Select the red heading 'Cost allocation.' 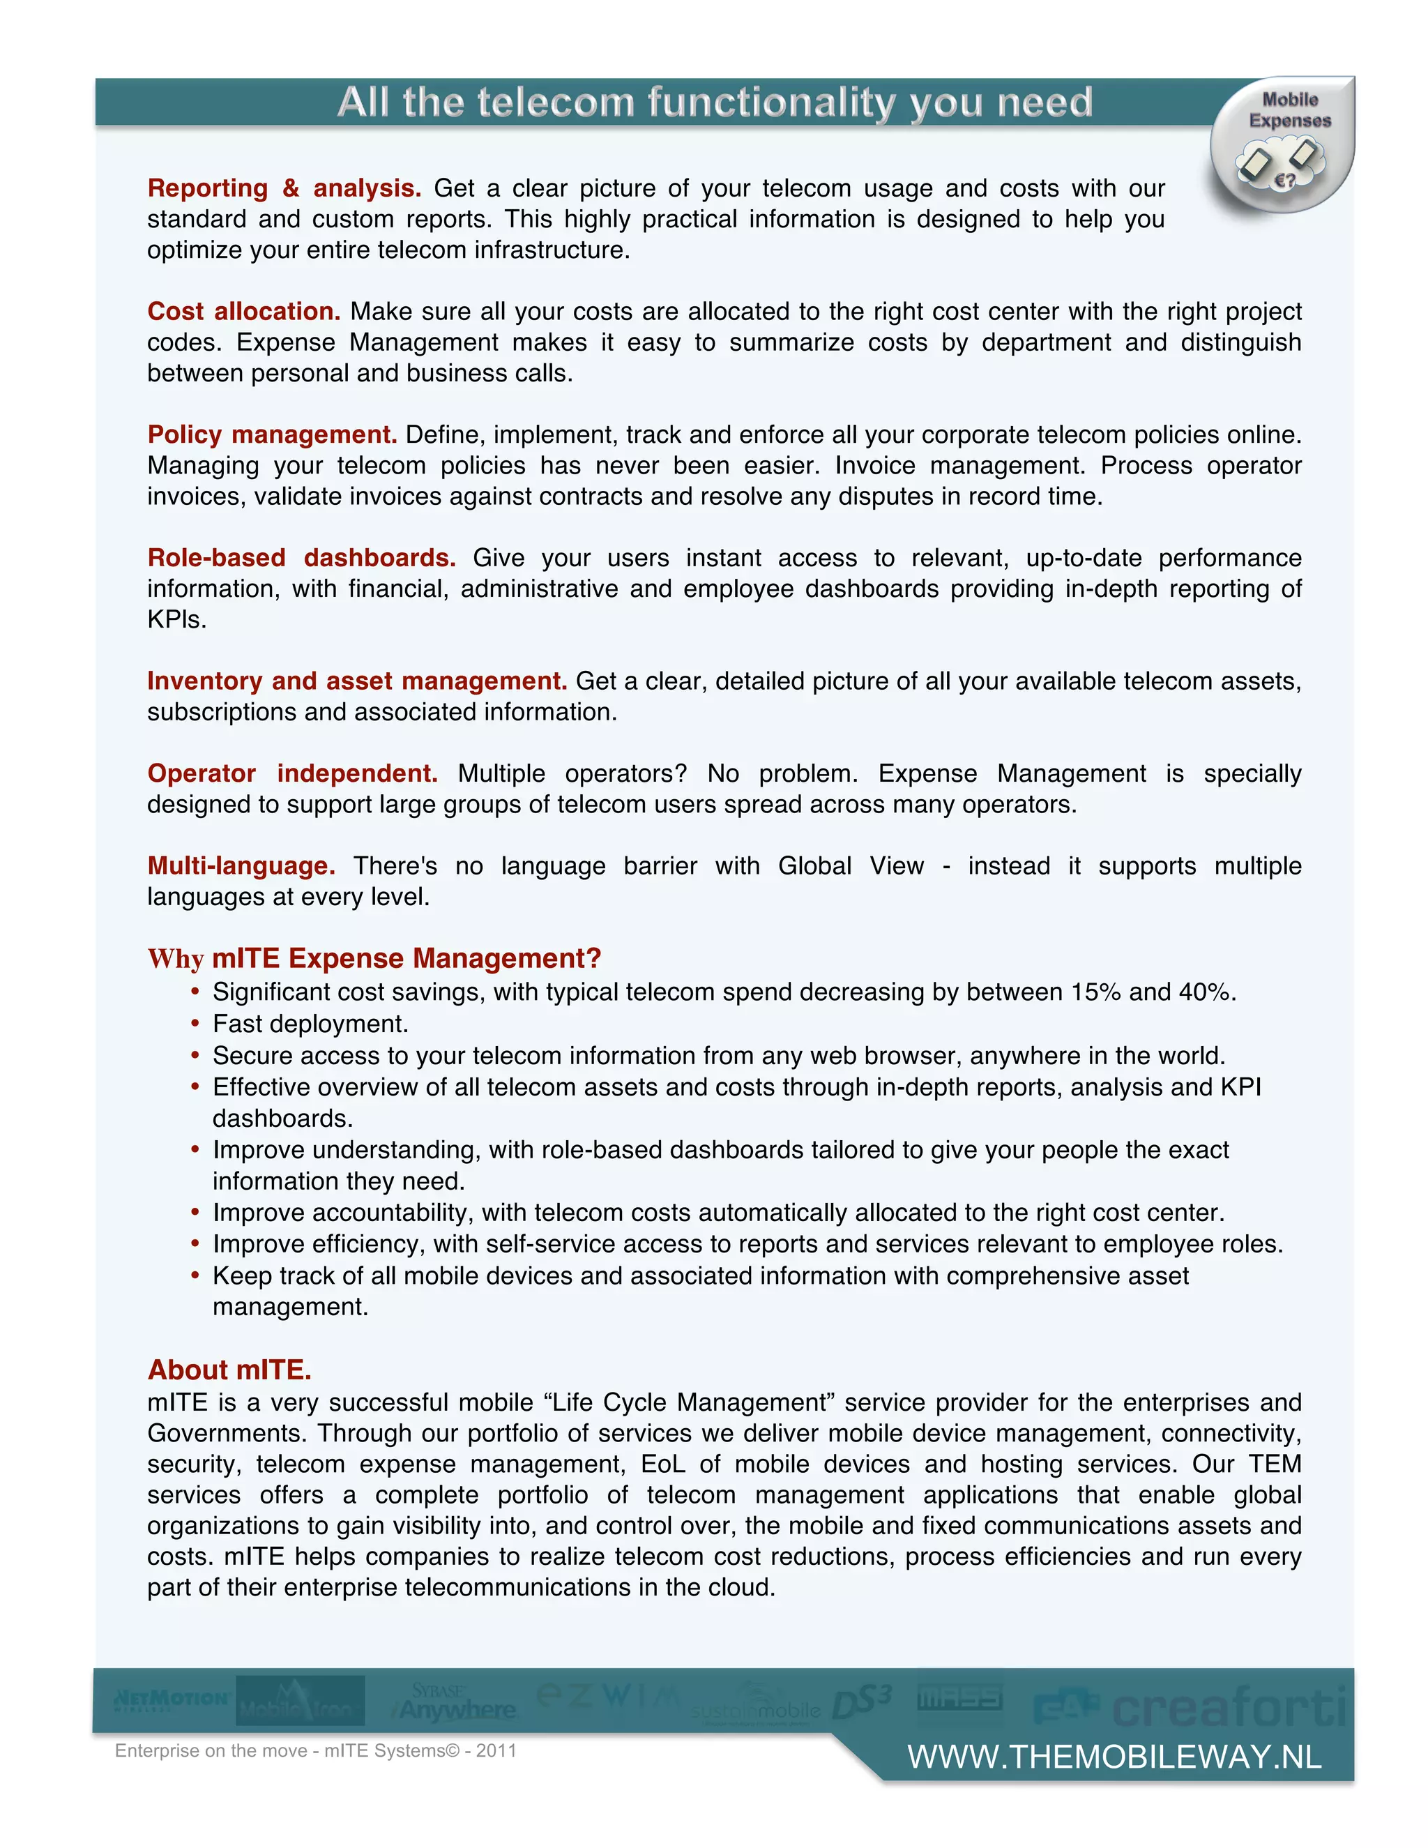(243, 312)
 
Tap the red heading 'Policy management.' (271, 434)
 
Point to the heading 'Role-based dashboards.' (301, 558)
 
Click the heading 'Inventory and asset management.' (356, 681)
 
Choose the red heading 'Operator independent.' (292, 773)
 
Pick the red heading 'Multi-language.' (241, 865)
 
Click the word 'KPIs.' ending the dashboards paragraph (177, 619)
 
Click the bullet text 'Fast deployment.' (310, 1024)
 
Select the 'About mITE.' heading (229, 1369)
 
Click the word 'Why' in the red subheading (176, 959)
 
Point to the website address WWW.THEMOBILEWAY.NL (1114, 1757)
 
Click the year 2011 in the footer (496, 1750)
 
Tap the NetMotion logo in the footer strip (172, 1699)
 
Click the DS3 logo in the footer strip (862, 1701)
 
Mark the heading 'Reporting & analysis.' (284, 188)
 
